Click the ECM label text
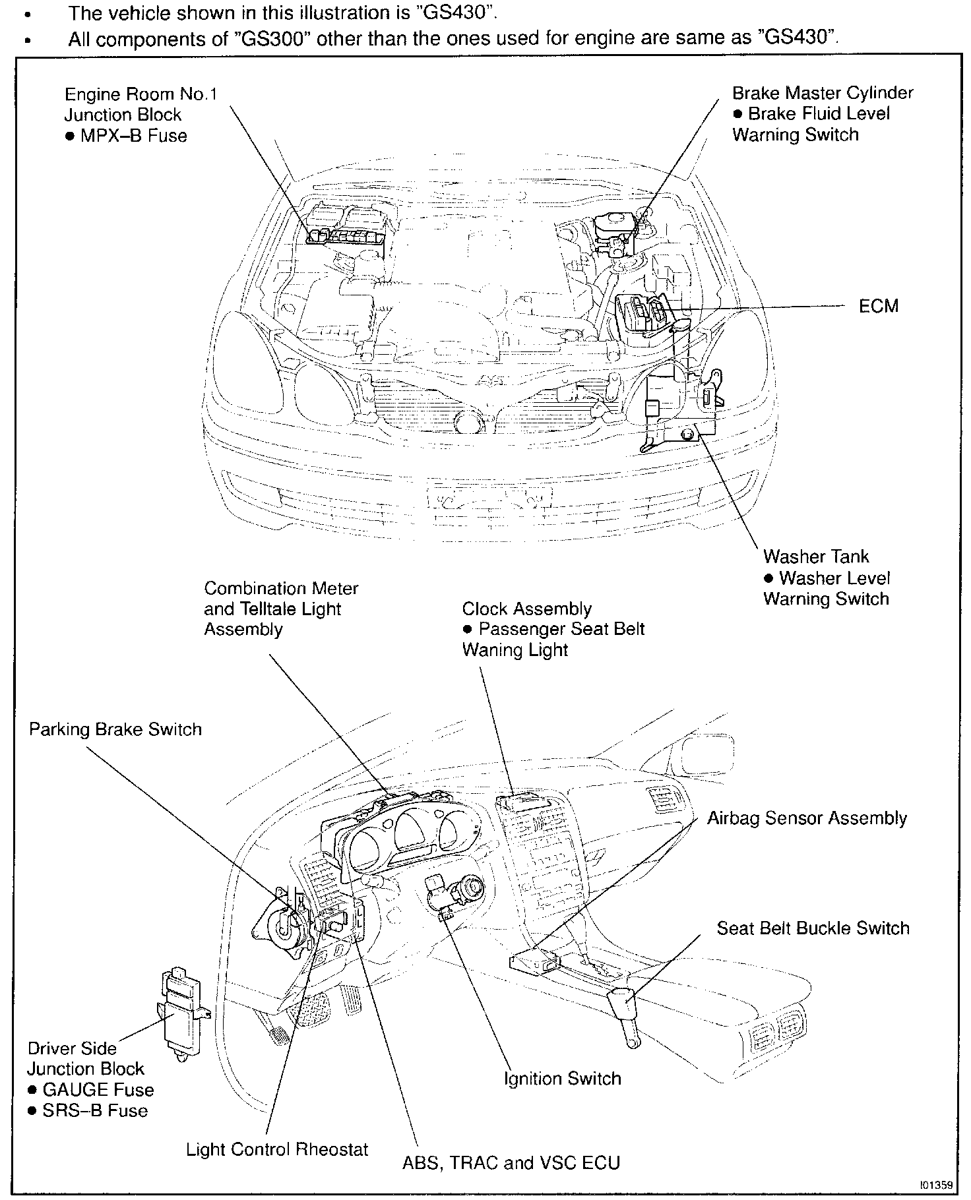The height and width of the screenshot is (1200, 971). point(878,307)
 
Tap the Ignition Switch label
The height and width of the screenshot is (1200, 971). point(562,1079)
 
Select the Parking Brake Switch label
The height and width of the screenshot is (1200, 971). point(115,729)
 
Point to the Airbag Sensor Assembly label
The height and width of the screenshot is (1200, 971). point(807,818)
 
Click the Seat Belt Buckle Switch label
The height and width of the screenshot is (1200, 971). point(813,928)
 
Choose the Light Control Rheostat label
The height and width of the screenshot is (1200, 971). point(277,1149)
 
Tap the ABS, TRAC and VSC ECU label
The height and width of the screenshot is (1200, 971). point(511,1162)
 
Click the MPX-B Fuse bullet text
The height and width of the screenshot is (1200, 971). point(133,136)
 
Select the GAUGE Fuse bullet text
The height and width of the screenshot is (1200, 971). point(98,1090)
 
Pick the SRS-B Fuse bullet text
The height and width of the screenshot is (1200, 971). point(95,1110)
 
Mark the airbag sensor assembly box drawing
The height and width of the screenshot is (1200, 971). point(534,963)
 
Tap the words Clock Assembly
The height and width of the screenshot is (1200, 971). point(526,609)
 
